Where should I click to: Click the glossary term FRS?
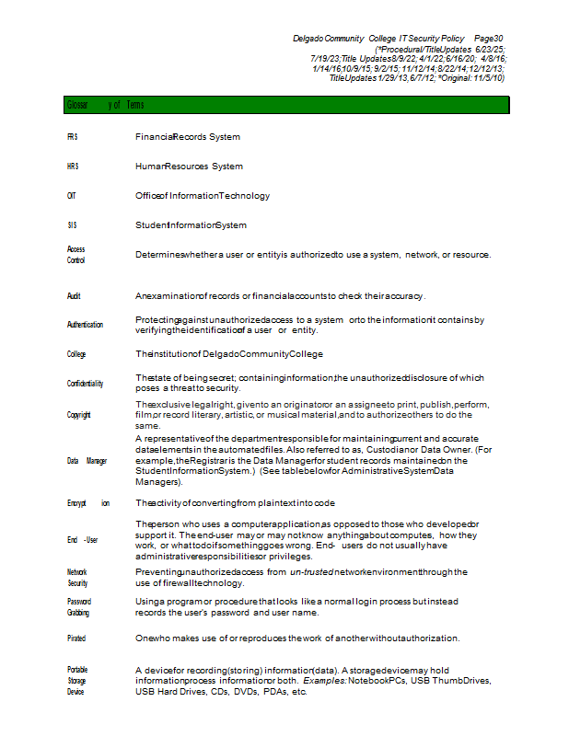pyautogui.click(x=72, y=137)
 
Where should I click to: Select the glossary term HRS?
pyautogui.click(x=73, y=167)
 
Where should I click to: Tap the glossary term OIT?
pyautogui.click(x=72, y=196)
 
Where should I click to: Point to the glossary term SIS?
pyautogui.click(x=72, y=225)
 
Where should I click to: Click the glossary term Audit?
pyautogui.click(x=74, y=296)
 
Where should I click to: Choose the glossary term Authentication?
pyautogui.click(x=85, y=325)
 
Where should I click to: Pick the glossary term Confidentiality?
pyautogui.click(x=85, y=383)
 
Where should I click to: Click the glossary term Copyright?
pyautogui.click(x=78, y=415)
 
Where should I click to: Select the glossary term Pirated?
pyautogui.click(x=76, y=638)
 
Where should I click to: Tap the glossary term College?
pyautogui.click(x=76, y=354)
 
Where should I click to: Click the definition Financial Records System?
pyautogui.click(x=188, y=137)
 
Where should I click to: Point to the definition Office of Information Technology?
pyautogui.click(x=203, y=196)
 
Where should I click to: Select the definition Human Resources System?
pyautogui.click(x=189, y=167)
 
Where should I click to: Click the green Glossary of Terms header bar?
pyautogui.click(x=285, y=105)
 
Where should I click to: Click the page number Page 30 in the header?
pyautogui.click(x=489, y=39)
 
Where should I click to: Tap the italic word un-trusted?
pyautogui.click(x=315, y=572)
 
